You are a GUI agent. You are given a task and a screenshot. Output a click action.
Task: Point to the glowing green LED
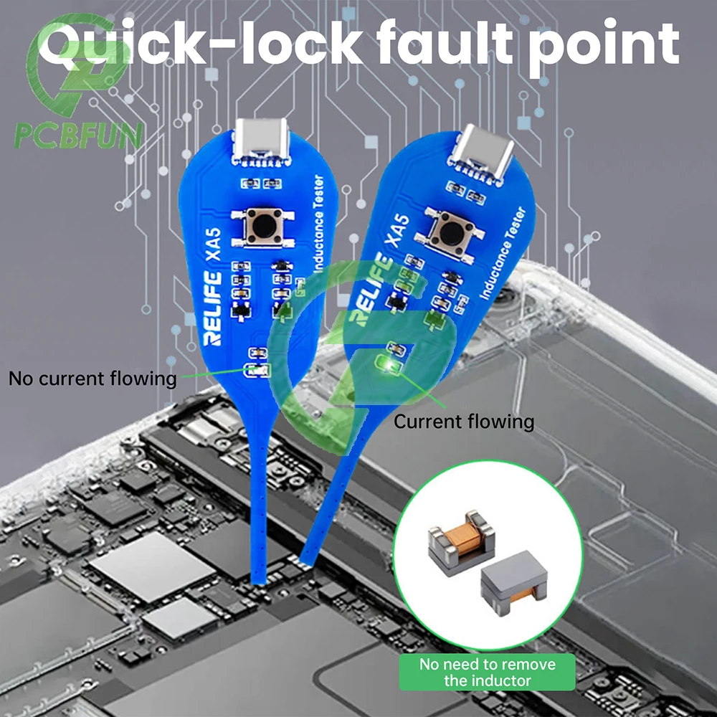(390, 366)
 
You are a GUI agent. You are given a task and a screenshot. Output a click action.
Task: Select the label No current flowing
(92, 379)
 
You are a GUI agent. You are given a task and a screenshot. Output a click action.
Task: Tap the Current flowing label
(464, 421)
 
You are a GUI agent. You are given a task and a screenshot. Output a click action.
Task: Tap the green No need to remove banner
(488, 672)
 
